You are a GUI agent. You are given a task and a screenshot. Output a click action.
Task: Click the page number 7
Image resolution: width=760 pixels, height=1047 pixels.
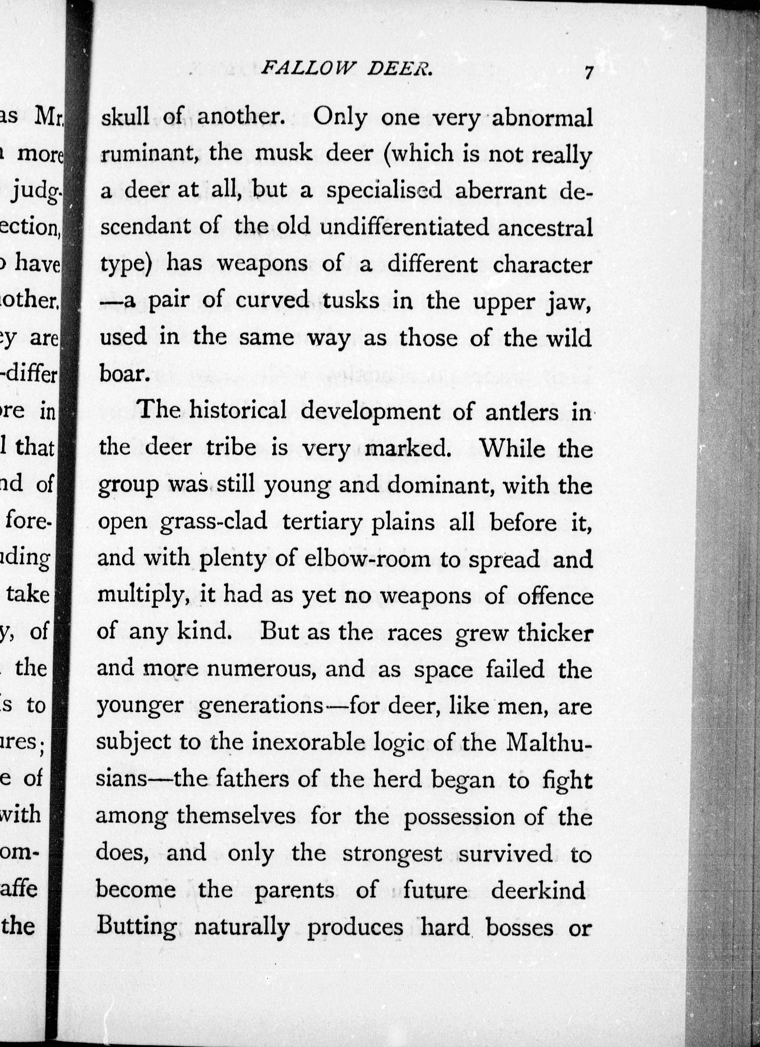(588, 73)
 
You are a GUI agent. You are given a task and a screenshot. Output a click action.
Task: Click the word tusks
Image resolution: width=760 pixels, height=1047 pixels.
(351, 301)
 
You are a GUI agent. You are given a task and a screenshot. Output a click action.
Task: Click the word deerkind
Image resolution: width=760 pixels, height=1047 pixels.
(538, 890)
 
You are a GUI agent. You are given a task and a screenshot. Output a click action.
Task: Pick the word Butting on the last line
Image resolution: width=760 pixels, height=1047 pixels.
(137, 928)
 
